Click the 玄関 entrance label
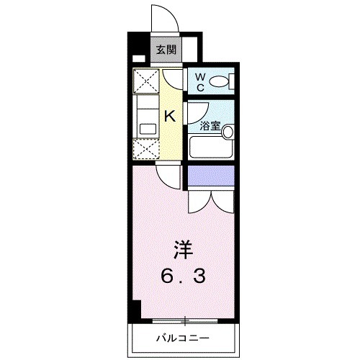166,51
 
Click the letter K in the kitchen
171,115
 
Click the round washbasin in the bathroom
228,131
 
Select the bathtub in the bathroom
211,147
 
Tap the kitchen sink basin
148,128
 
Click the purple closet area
210,176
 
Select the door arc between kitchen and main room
168,176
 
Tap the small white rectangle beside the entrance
137,59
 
